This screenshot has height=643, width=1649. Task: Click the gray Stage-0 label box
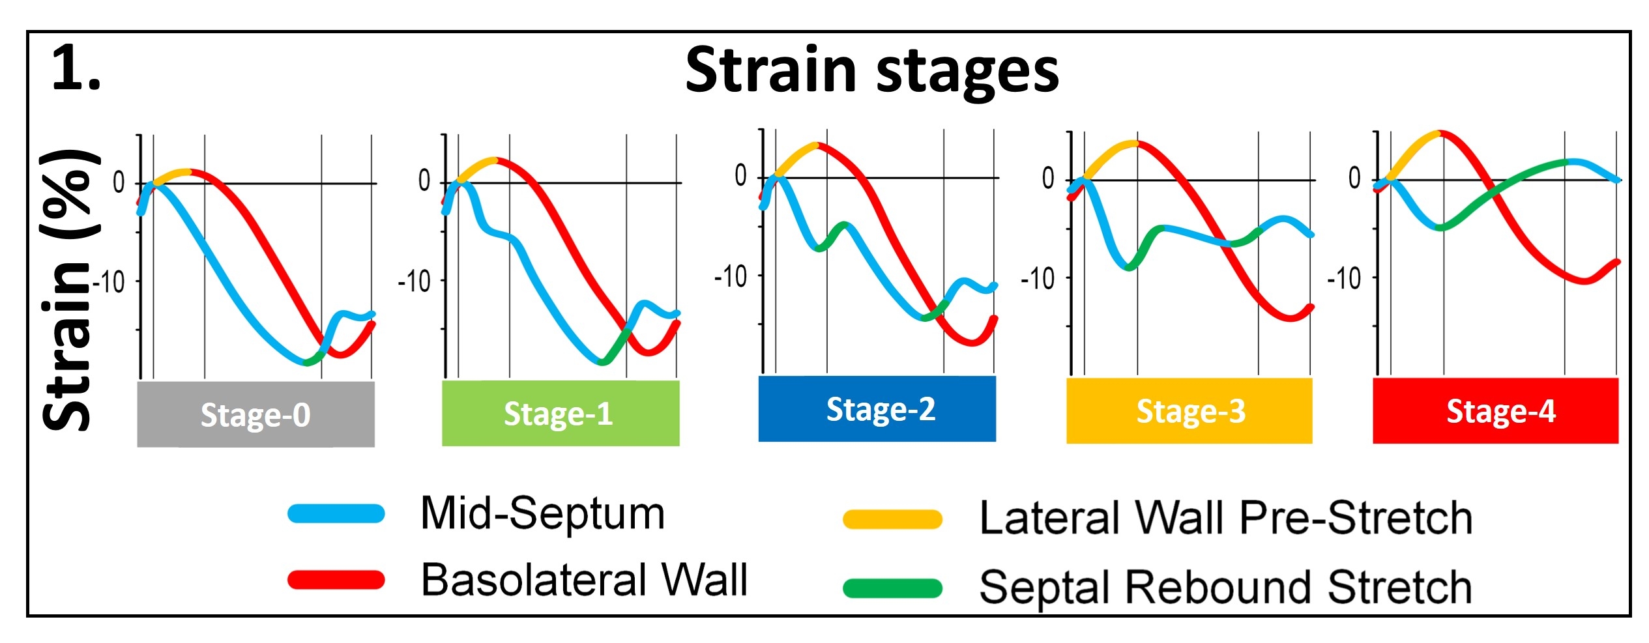[x=255, y=414]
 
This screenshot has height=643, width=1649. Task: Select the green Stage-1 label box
[x=561, y=413]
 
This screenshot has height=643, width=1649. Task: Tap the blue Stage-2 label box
[x=877, y=408]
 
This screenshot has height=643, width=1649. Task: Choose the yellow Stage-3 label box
[x=1189, y=410]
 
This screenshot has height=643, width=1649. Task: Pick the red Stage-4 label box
[x=1496, y=410]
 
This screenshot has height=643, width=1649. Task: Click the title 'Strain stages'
[x=872, y=70]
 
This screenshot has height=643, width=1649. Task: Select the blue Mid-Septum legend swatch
[x=336, y=513]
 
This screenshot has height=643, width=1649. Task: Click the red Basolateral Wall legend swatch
[x=336, y=579]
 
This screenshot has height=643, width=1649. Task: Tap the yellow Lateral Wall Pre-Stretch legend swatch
[x=892, y=519]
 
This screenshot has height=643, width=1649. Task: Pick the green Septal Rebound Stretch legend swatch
[x=892, y=588]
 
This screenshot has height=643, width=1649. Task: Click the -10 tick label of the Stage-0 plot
[x=109, y=283]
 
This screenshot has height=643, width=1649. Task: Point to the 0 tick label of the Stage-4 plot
[x=1354, y=178]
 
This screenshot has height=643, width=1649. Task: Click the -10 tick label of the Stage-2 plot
[x=731, y=277]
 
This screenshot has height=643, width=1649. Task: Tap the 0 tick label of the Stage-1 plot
[x=424, y=180]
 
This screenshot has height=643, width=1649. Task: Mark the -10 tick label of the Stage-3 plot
[x=1038, y=279]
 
